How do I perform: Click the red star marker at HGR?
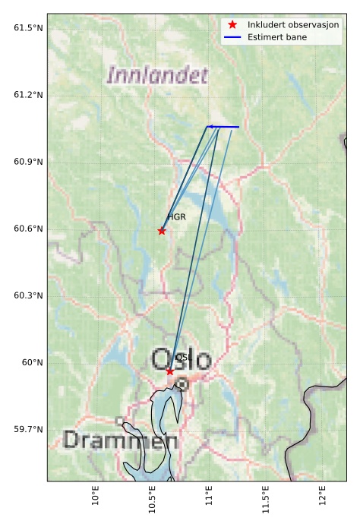tap(162, 231)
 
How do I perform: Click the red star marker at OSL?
tap(170, 371)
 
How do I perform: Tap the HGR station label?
tap(176, 217)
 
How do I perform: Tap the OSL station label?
tap(182, 357)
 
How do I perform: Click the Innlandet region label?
tap(157, 75)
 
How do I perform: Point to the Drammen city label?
tap(114, 440)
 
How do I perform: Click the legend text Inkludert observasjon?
tap(293, 25)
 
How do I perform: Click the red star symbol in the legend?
tap(232, 25)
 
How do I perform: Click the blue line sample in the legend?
tap(232, 37)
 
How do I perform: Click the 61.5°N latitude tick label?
tap(28, 28)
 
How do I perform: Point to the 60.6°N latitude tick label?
tap(28, 229)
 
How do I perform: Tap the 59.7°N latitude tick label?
tap(28, 429)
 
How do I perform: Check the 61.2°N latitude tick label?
tap(28, 95)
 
